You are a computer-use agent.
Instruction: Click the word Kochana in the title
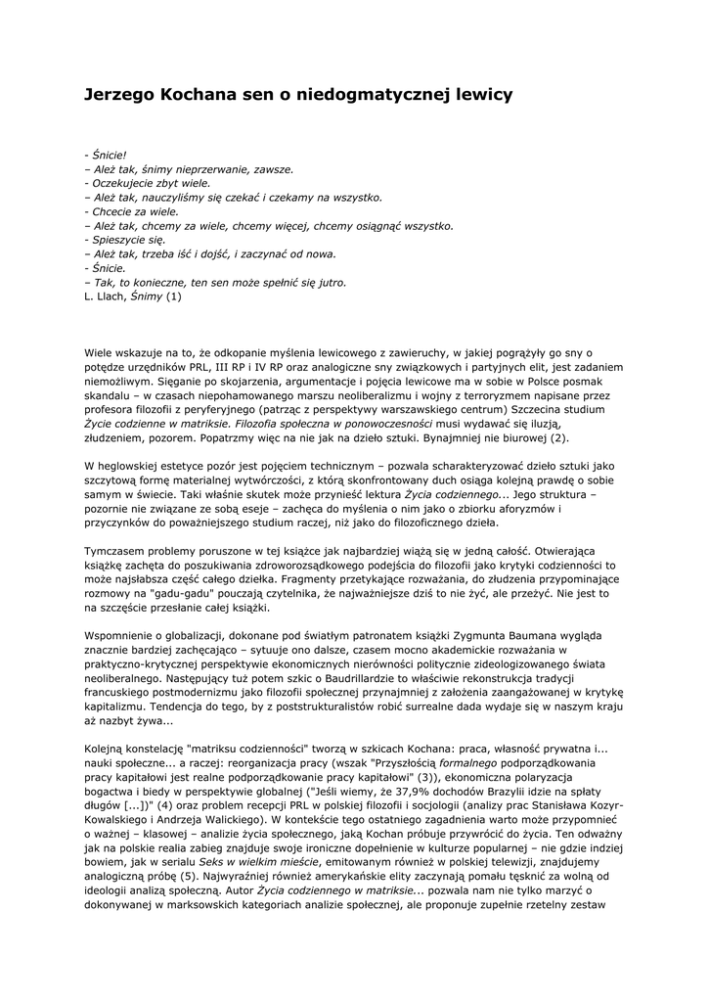199,95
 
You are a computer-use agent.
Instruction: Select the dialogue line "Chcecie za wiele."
132,210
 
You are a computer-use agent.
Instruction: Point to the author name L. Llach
106,296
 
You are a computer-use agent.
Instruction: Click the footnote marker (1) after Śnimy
173,296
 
